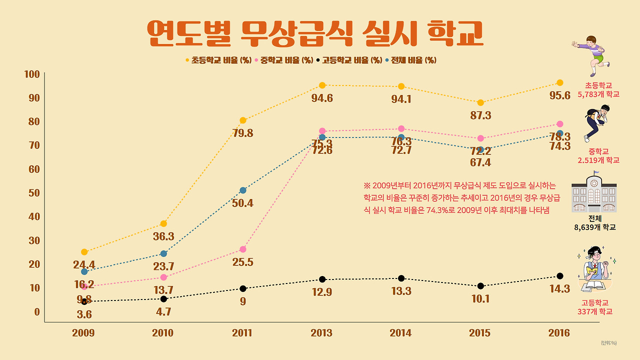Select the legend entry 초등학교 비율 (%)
(218, 60)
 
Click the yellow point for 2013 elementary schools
(322, 85)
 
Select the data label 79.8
(243, 133)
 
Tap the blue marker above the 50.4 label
(243, 190)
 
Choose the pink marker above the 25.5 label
(243, 249)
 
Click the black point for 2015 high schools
(480, 286)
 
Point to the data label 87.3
(480, 115)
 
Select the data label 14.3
(559, 288)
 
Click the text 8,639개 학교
(595, 227)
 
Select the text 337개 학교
(595, 311)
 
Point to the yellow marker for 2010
(163, 223)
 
